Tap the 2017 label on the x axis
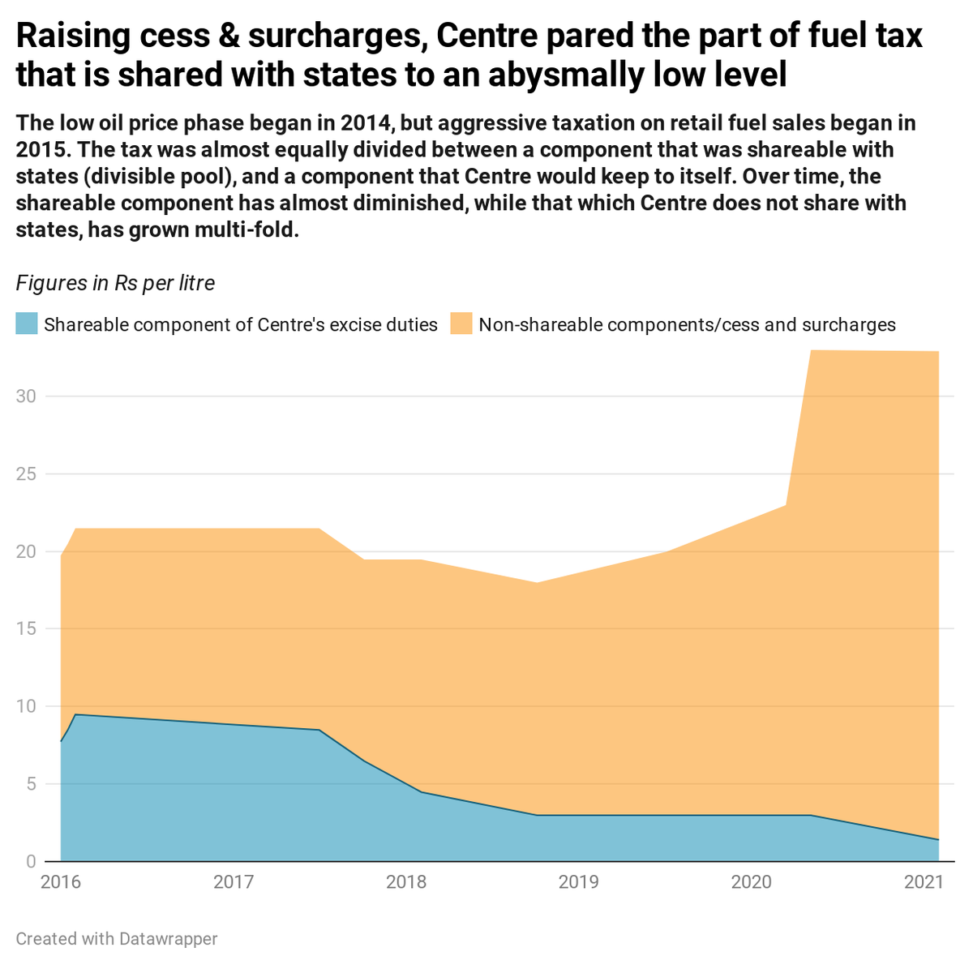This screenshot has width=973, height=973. point(234,881)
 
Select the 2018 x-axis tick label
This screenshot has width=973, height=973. point(406,881)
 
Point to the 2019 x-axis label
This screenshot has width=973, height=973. point(579,881)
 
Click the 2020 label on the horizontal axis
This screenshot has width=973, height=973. point(752,881)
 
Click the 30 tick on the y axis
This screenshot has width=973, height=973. point(26,396)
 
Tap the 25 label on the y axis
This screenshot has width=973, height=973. point(26,474)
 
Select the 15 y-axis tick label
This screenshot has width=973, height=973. point(26,628)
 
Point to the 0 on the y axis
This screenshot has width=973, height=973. point(32,861)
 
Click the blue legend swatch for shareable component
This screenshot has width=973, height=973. point(27,324)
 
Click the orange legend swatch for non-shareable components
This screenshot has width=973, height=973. point(461,324)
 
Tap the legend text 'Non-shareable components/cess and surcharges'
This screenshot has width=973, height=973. point(687,325)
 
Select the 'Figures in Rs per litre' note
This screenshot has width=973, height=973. point(115,283)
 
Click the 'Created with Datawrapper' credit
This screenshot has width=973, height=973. point(117,939)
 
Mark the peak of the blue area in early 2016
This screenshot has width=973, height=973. point(75,714)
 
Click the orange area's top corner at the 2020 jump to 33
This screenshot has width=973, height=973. point(812,350)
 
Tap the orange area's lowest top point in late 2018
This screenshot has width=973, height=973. point(536,582)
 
